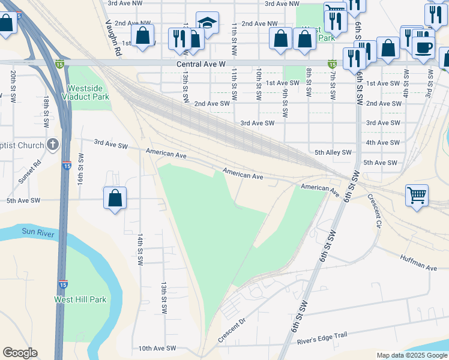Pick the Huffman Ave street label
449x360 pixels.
[x=418, y=262]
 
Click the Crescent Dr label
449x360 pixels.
[x=232, y=331]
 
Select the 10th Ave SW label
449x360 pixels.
[x=157, y=348]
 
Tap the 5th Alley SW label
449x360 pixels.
[x=333, y=153]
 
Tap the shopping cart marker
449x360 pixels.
[x=417, y=194]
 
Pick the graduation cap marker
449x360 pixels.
[x=207, y=23]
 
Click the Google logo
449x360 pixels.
[x=20, y=353]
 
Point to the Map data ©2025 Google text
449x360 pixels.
[x=411, y=355]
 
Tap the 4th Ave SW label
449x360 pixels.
[x=382, y=143]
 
